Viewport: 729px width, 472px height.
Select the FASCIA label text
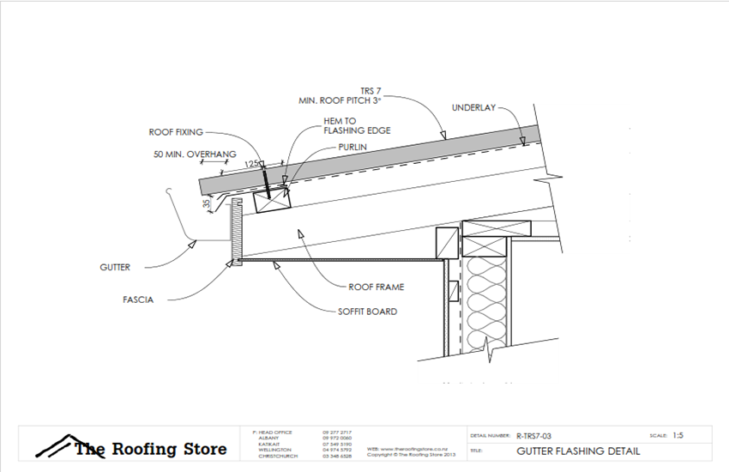tap(113, 300)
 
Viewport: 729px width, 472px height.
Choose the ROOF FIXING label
tap(176, 132)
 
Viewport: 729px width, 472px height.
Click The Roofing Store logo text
tap(151, 449)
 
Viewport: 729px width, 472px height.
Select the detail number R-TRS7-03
tap(539, 436)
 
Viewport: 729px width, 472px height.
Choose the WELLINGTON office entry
tap(275, 450)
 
